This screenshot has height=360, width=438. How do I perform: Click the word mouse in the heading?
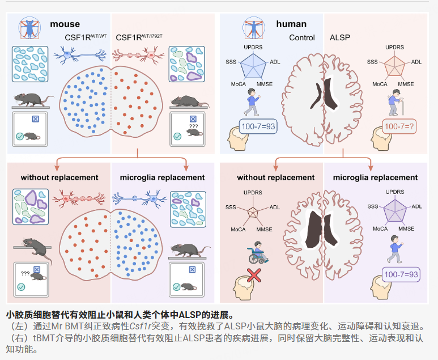click(x=65, y=24)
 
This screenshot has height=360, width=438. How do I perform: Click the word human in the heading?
click(x=291, y=24)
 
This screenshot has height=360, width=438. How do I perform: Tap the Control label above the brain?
click(x=301, y=37)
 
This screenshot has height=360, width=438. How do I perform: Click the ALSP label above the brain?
click(x=340, y=37)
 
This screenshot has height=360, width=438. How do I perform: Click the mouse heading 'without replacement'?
click(x=59, y=177)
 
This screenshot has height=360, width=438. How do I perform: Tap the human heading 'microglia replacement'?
click(x=375, y=177)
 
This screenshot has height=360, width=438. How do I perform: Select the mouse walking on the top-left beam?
click(x=33, y=100)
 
